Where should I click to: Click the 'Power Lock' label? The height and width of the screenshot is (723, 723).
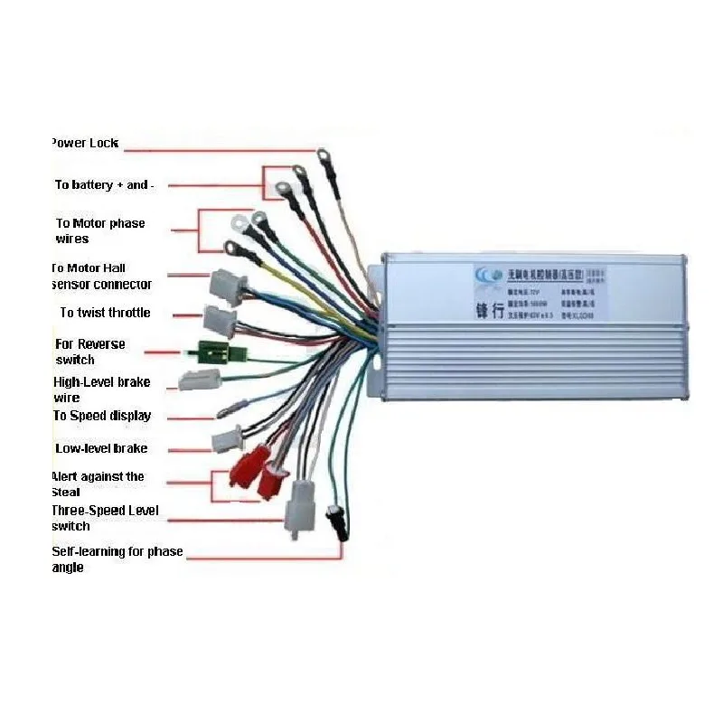84,143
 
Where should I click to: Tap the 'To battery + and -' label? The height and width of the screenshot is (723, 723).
105,184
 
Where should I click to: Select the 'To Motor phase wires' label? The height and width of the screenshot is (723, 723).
99,230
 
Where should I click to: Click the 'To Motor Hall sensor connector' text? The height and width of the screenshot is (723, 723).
100,276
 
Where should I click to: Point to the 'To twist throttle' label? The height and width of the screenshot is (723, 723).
105,313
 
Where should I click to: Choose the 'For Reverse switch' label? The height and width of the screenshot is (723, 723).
89,352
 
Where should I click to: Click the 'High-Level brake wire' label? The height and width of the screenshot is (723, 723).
101,390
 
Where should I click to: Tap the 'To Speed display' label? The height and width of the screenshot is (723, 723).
101,416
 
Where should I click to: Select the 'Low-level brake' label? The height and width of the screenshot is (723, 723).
101,448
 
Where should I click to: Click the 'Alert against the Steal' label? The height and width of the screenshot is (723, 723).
98,484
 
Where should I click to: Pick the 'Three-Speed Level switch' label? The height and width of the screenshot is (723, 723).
104,518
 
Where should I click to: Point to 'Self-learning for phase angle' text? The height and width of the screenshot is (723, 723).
117,559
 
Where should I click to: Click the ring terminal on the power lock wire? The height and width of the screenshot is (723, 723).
324,156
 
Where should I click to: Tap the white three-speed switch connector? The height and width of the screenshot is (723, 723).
297,509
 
